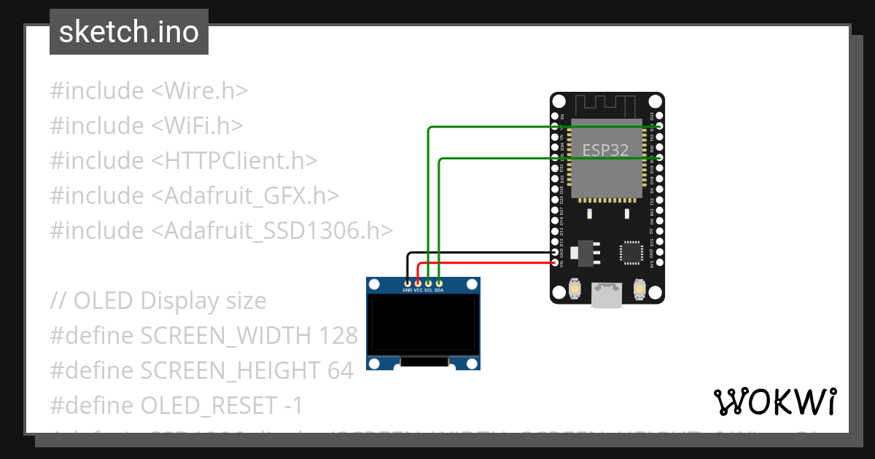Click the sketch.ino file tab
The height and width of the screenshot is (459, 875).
tap(128, 32)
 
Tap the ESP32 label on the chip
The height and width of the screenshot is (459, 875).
tap(606, 150)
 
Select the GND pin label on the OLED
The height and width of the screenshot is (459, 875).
tap(407, 290)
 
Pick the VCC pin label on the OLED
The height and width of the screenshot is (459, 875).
tap(418, 290)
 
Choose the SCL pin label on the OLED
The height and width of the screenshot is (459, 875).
tap(429, 290)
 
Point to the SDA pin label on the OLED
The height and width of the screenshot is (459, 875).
tap(439, 290)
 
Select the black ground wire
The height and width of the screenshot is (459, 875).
tap(481, 253)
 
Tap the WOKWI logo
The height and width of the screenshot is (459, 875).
tap(774, 401)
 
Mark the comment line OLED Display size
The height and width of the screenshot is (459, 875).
tap(158, 301)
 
